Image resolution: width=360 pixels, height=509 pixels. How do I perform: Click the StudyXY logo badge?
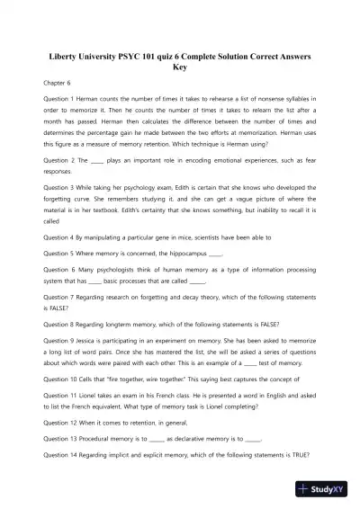pyautogui.click(x=325, y=490)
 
